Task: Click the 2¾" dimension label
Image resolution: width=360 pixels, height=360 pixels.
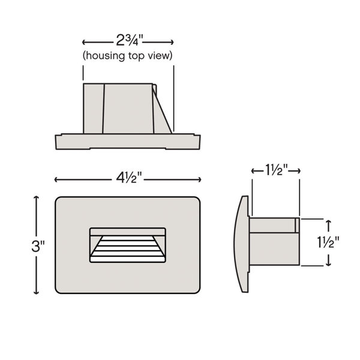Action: point(130,40)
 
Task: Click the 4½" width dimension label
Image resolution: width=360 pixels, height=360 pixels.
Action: point(128,178)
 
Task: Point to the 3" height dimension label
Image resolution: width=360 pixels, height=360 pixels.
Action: point(38,246)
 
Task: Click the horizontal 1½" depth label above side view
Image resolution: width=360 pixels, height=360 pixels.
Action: point(277,170)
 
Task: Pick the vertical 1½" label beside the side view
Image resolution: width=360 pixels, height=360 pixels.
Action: point(328,242)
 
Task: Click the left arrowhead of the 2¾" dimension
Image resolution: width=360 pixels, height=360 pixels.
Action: point(83,42)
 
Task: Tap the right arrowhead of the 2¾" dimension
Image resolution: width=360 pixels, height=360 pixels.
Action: point(172,42)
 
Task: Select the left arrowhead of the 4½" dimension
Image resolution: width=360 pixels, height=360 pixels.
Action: point(56,179)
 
